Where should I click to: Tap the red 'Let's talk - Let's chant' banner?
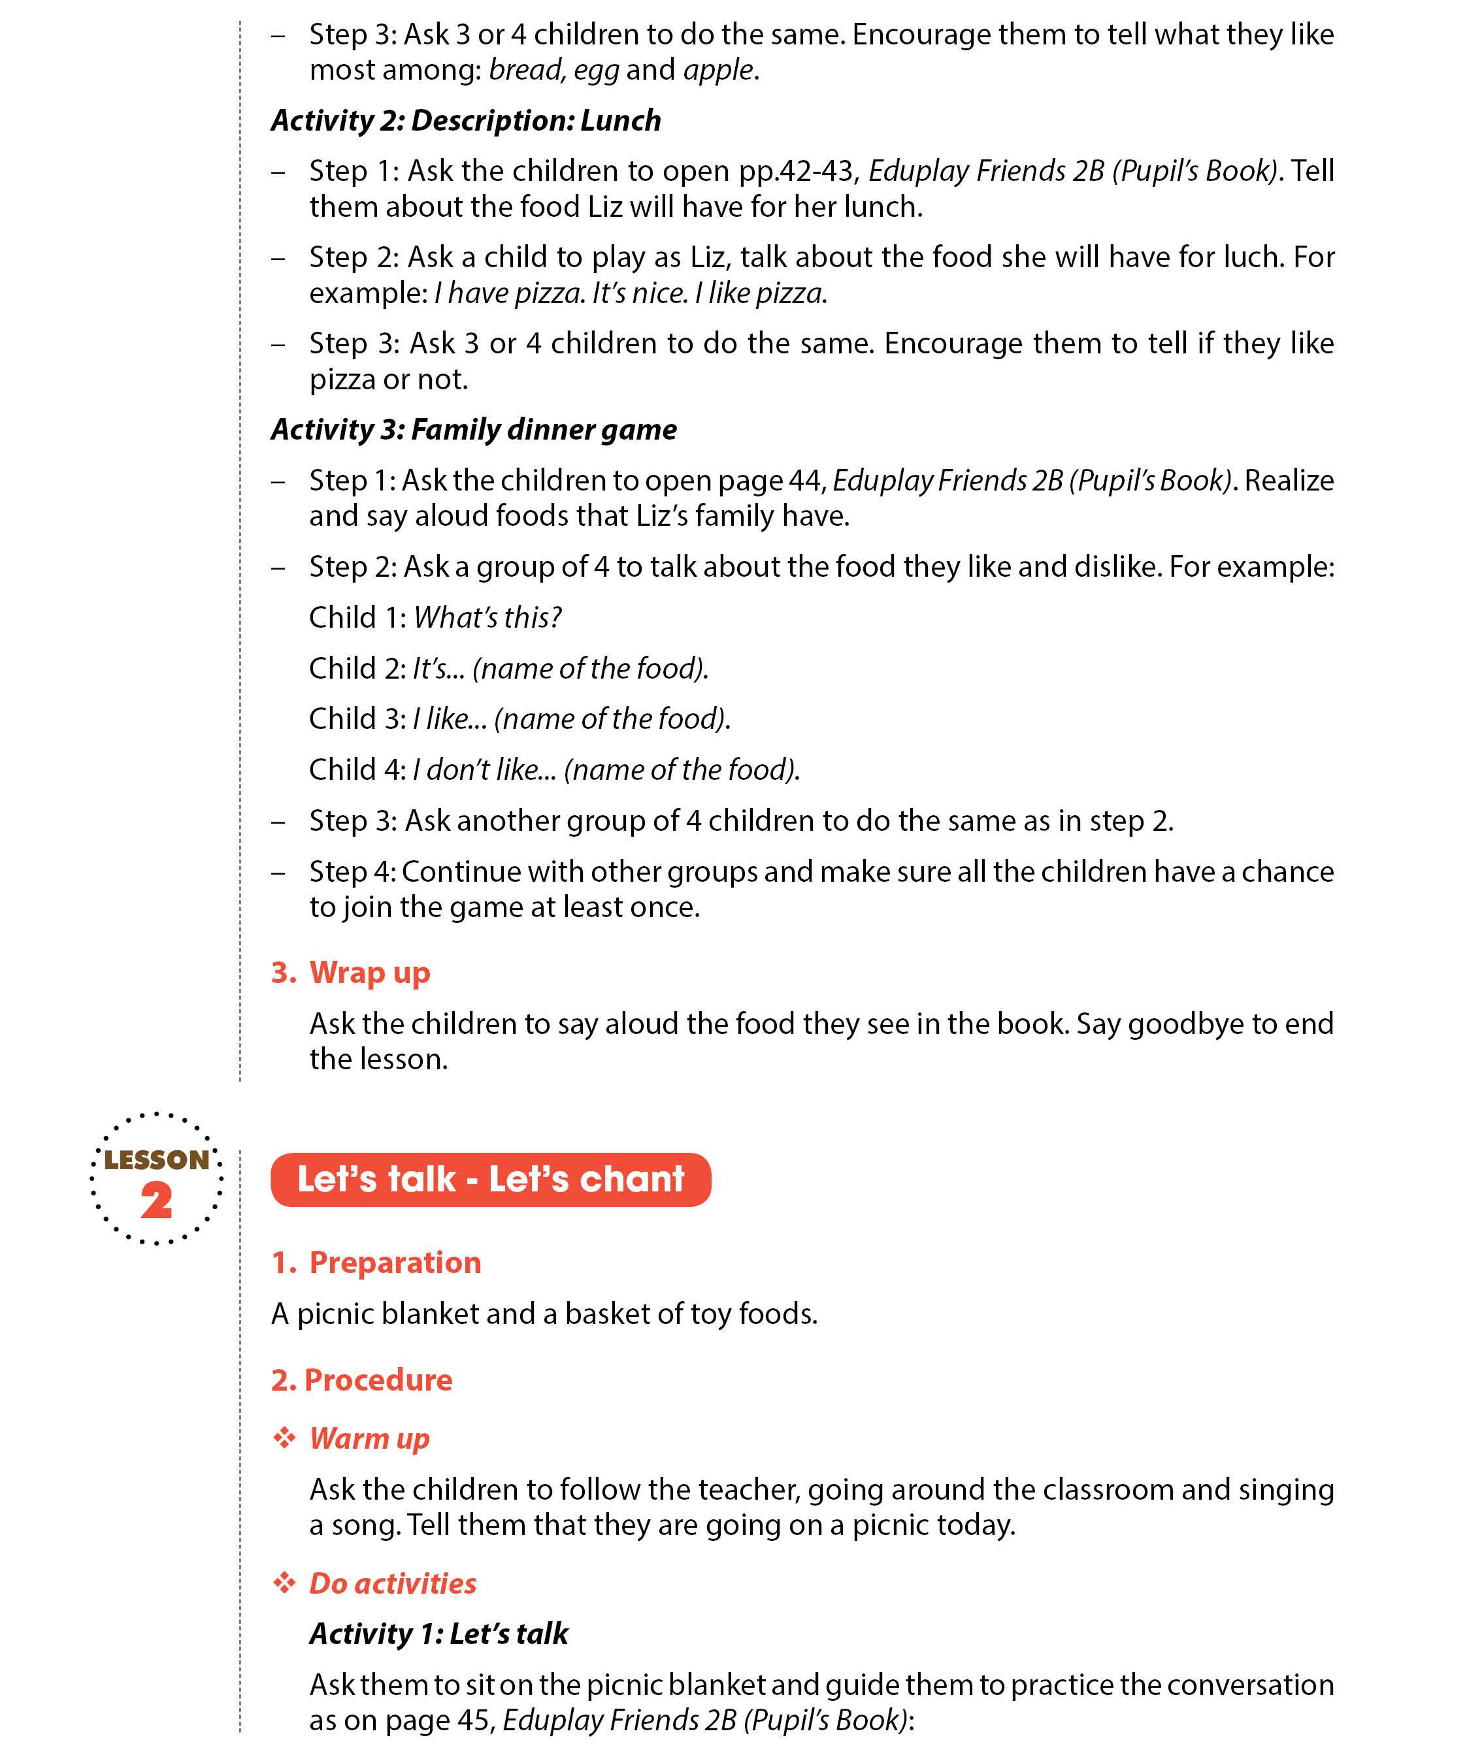click(x=490, y=1180)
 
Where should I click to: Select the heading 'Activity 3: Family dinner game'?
click(x=473, y=430)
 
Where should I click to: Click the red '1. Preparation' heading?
click(x=376, y=1263)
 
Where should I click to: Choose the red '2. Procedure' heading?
click(x=361, y=1380)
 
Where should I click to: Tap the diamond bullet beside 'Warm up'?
click(x=285, y=1438)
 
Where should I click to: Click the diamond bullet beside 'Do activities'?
click(x=285, y=1582)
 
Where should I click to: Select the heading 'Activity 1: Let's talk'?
click(x=438, y=1634)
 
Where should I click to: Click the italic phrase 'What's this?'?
click(x=487, y=617)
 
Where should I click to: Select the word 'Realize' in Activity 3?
click(x=1289, y=481)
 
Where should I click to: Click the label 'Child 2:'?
click(x=357, y=668)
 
